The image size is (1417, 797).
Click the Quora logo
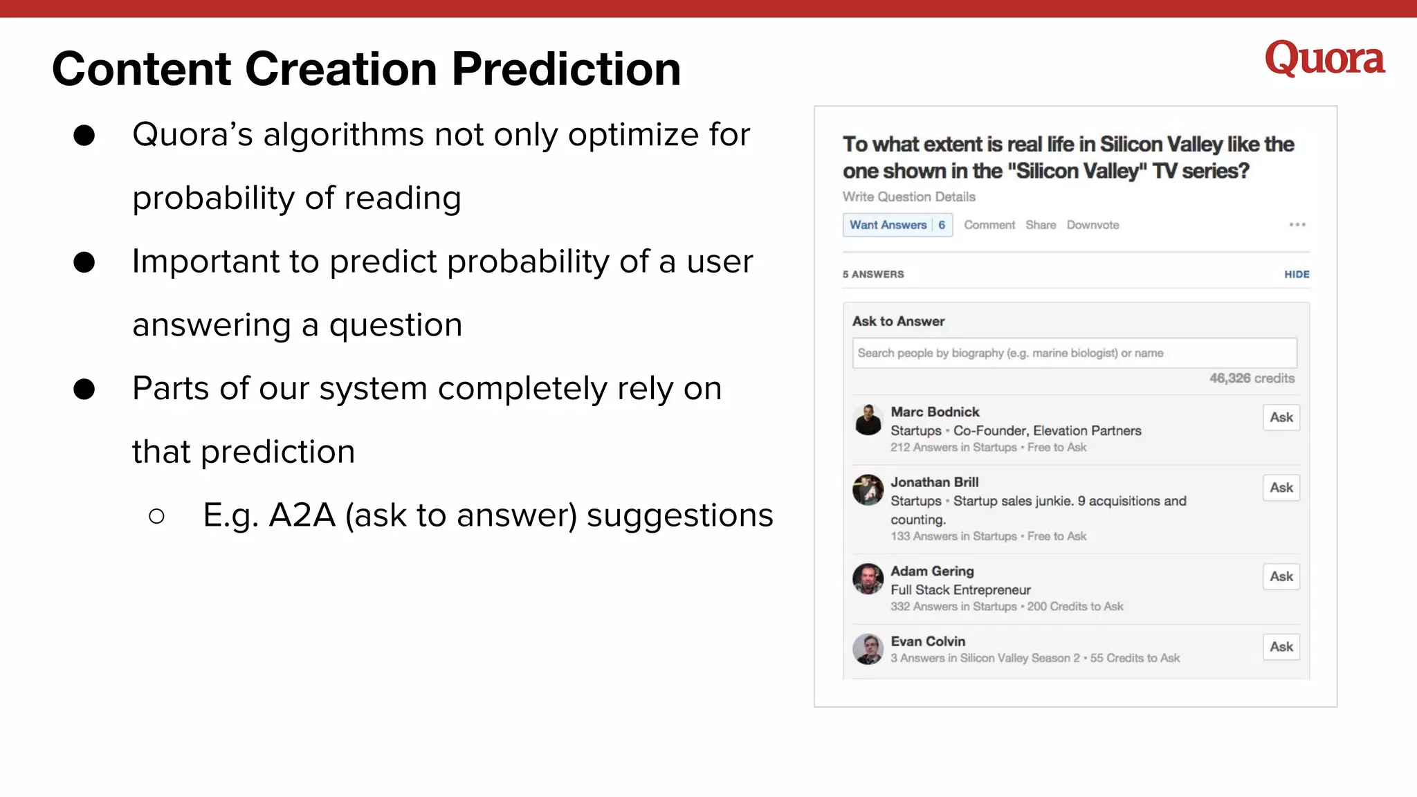(1324, 58)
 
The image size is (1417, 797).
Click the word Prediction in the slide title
(566, 69)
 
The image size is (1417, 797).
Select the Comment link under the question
(989, 225)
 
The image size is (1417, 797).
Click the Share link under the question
(1041, 225)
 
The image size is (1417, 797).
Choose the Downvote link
(1093, 225)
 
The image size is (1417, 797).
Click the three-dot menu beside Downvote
(1297, 224)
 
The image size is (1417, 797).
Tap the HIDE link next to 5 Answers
(1297, 275)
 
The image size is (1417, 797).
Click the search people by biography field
(1075, 353)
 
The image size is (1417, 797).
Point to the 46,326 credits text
(1252, 378)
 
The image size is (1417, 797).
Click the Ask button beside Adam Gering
(1281, 576)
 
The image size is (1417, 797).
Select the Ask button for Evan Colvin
(1281, 647)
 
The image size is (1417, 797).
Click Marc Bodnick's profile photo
(868, 420)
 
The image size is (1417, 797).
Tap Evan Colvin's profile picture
(868, 649)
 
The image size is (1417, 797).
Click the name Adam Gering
(932, 571)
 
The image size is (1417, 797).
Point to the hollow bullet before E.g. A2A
(156, 516)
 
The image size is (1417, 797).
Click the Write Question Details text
(908, 197)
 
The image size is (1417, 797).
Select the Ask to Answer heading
(898, 322)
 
